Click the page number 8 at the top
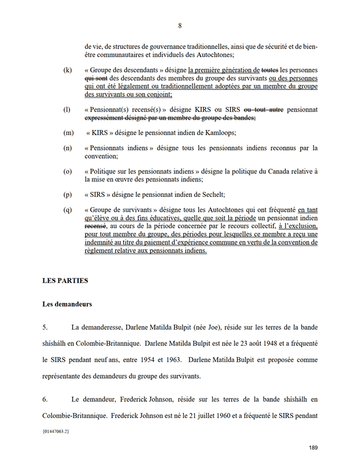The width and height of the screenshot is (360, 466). coord(180,25)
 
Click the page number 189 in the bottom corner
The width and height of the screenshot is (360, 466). coord(313,448)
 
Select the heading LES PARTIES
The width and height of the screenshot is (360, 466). coord(65,281)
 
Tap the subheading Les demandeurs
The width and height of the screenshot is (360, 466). coord(67,304)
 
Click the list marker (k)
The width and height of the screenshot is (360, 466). coord(68,70)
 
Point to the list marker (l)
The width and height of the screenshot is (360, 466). coord(67,109)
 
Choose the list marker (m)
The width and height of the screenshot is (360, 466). coord(68,132)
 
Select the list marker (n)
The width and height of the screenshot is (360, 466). coord(68,148)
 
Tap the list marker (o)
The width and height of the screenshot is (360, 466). coord(68,172)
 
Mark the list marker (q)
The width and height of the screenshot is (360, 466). coord(68,210)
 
